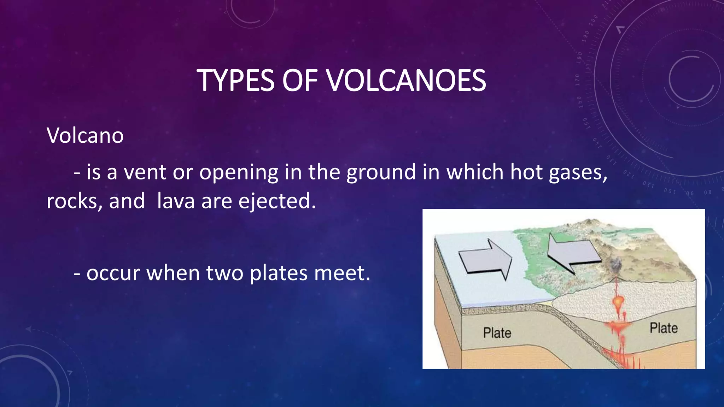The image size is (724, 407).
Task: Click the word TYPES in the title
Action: [235, 81]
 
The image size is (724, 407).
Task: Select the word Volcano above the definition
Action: [85, 135]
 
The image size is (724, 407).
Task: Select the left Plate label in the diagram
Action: [497, 333]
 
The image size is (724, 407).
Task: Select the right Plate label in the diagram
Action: [664, 328]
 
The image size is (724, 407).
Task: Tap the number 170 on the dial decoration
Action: [578, 80]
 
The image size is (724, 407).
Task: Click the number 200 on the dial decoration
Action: [594, 19]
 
